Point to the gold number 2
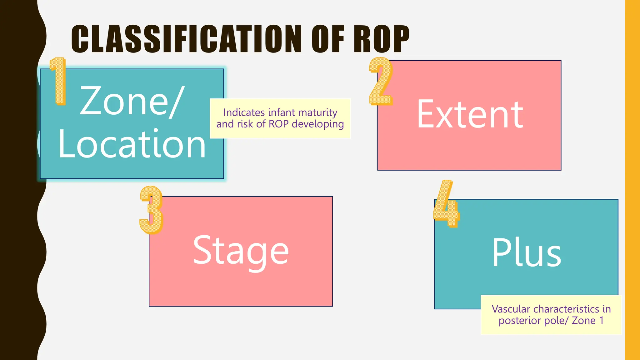tap(381, 81)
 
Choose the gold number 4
tap(446, 204)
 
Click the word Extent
tap(470, 114)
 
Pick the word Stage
tap(241, 251)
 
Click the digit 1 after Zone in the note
tap(601, 321)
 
